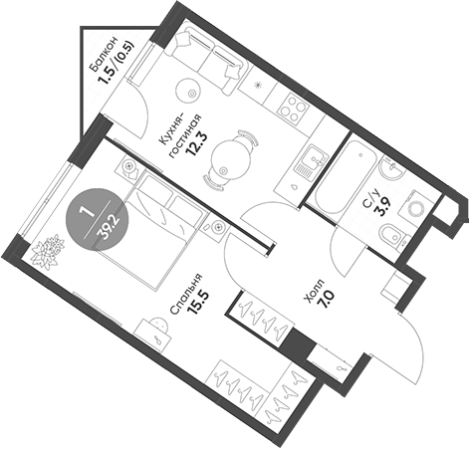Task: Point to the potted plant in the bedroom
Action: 46,251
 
